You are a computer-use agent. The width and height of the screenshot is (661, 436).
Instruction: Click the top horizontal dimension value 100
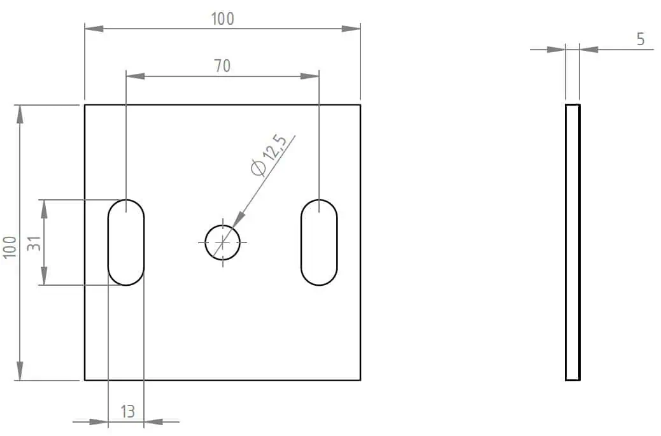[222, 19]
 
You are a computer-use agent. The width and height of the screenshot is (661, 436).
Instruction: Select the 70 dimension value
[222, 66]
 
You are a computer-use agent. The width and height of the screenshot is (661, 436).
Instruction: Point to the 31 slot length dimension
[34, 244]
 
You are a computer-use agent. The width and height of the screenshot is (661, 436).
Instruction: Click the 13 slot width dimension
[127, 412]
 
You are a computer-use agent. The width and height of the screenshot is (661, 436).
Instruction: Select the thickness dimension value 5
[641, 39]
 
